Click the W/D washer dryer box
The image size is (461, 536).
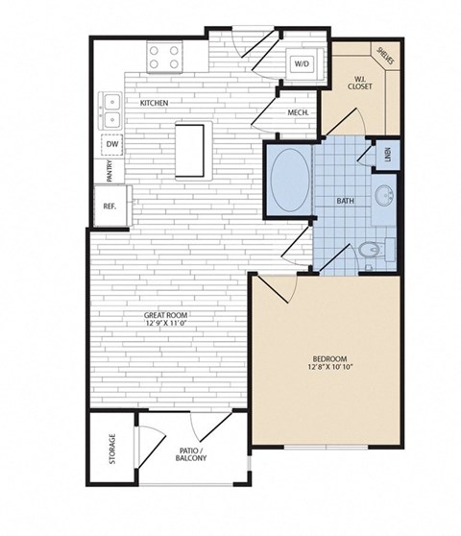pos(300,64)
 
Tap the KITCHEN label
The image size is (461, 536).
pos(155,102)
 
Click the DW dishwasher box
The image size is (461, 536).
pos(113,144)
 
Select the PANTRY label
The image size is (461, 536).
pos(111,172)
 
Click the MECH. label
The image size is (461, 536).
pos(297,113)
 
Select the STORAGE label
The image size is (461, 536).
pos(113,449)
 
